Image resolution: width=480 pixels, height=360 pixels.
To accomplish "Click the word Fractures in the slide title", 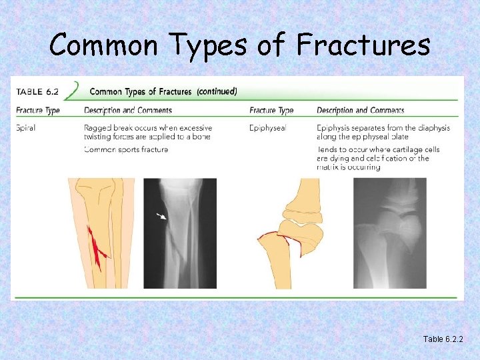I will (363, 45).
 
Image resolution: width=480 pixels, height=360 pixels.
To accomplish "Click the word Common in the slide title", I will (89, 45).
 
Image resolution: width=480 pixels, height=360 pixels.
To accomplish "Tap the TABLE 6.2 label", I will (39, 91).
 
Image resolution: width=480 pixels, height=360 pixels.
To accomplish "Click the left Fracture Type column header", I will (38, 110).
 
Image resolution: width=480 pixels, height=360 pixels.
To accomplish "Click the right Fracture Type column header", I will (271, 110).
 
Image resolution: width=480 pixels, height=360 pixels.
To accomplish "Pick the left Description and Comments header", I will (127, 110).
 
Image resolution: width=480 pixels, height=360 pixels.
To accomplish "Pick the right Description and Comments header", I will (360, 110).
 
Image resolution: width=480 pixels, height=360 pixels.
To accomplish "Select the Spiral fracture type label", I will (26, 128).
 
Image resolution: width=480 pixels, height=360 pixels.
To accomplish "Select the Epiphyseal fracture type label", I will (267, 128).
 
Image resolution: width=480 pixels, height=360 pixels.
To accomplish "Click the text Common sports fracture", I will (126, 149).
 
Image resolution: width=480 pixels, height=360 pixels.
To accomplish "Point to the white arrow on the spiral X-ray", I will (161, 216).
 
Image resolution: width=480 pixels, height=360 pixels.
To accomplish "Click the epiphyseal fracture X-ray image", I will (389, 233).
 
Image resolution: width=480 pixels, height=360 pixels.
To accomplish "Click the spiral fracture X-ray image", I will (180, 233).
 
